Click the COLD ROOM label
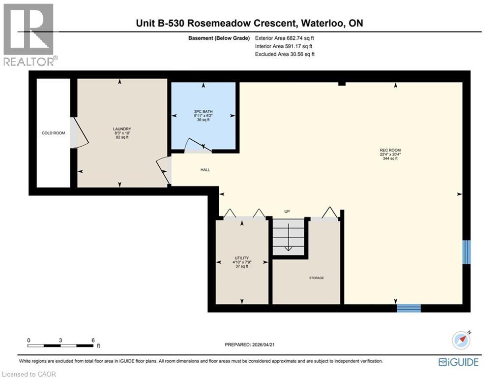53,133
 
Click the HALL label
205,170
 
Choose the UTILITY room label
241,258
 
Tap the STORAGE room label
316,278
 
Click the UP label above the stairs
288,212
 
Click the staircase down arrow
289,246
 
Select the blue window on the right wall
467,252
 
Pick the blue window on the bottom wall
409,308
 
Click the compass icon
461,340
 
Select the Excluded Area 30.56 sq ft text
285,54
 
